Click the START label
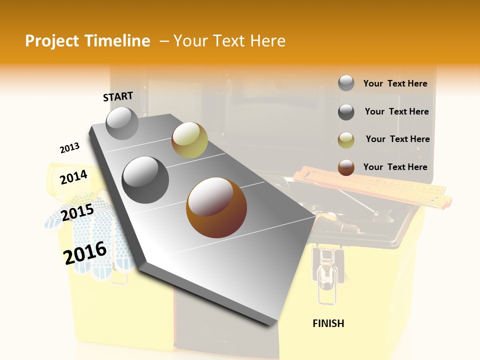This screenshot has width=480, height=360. (118, 96)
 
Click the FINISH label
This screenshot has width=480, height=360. (328, 323)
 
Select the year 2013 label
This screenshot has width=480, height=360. (69, 148)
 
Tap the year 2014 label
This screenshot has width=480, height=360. (73, 177)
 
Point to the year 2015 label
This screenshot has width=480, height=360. (77, 212)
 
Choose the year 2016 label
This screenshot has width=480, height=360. (85, 253)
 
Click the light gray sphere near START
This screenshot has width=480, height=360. (122, 123)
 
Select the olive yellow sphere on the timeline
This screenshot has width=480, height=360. (189, 140)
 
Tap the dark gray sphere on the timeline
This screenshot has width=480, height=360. (145, 180)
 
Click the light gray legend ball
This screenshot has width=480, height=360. (346, 83)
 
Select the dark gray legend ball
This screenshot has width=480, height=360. (346, 112)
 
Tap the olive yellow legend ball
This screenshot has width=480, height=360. (346, 140)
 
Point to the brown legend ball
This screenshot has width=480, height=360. (346, 167)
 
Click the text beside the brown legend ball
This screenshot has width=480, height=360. (395, 167)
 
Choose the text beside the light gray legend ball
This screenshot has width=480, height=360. (395, 83)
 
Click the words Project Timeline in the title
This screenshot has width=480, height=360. (87, 41)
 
